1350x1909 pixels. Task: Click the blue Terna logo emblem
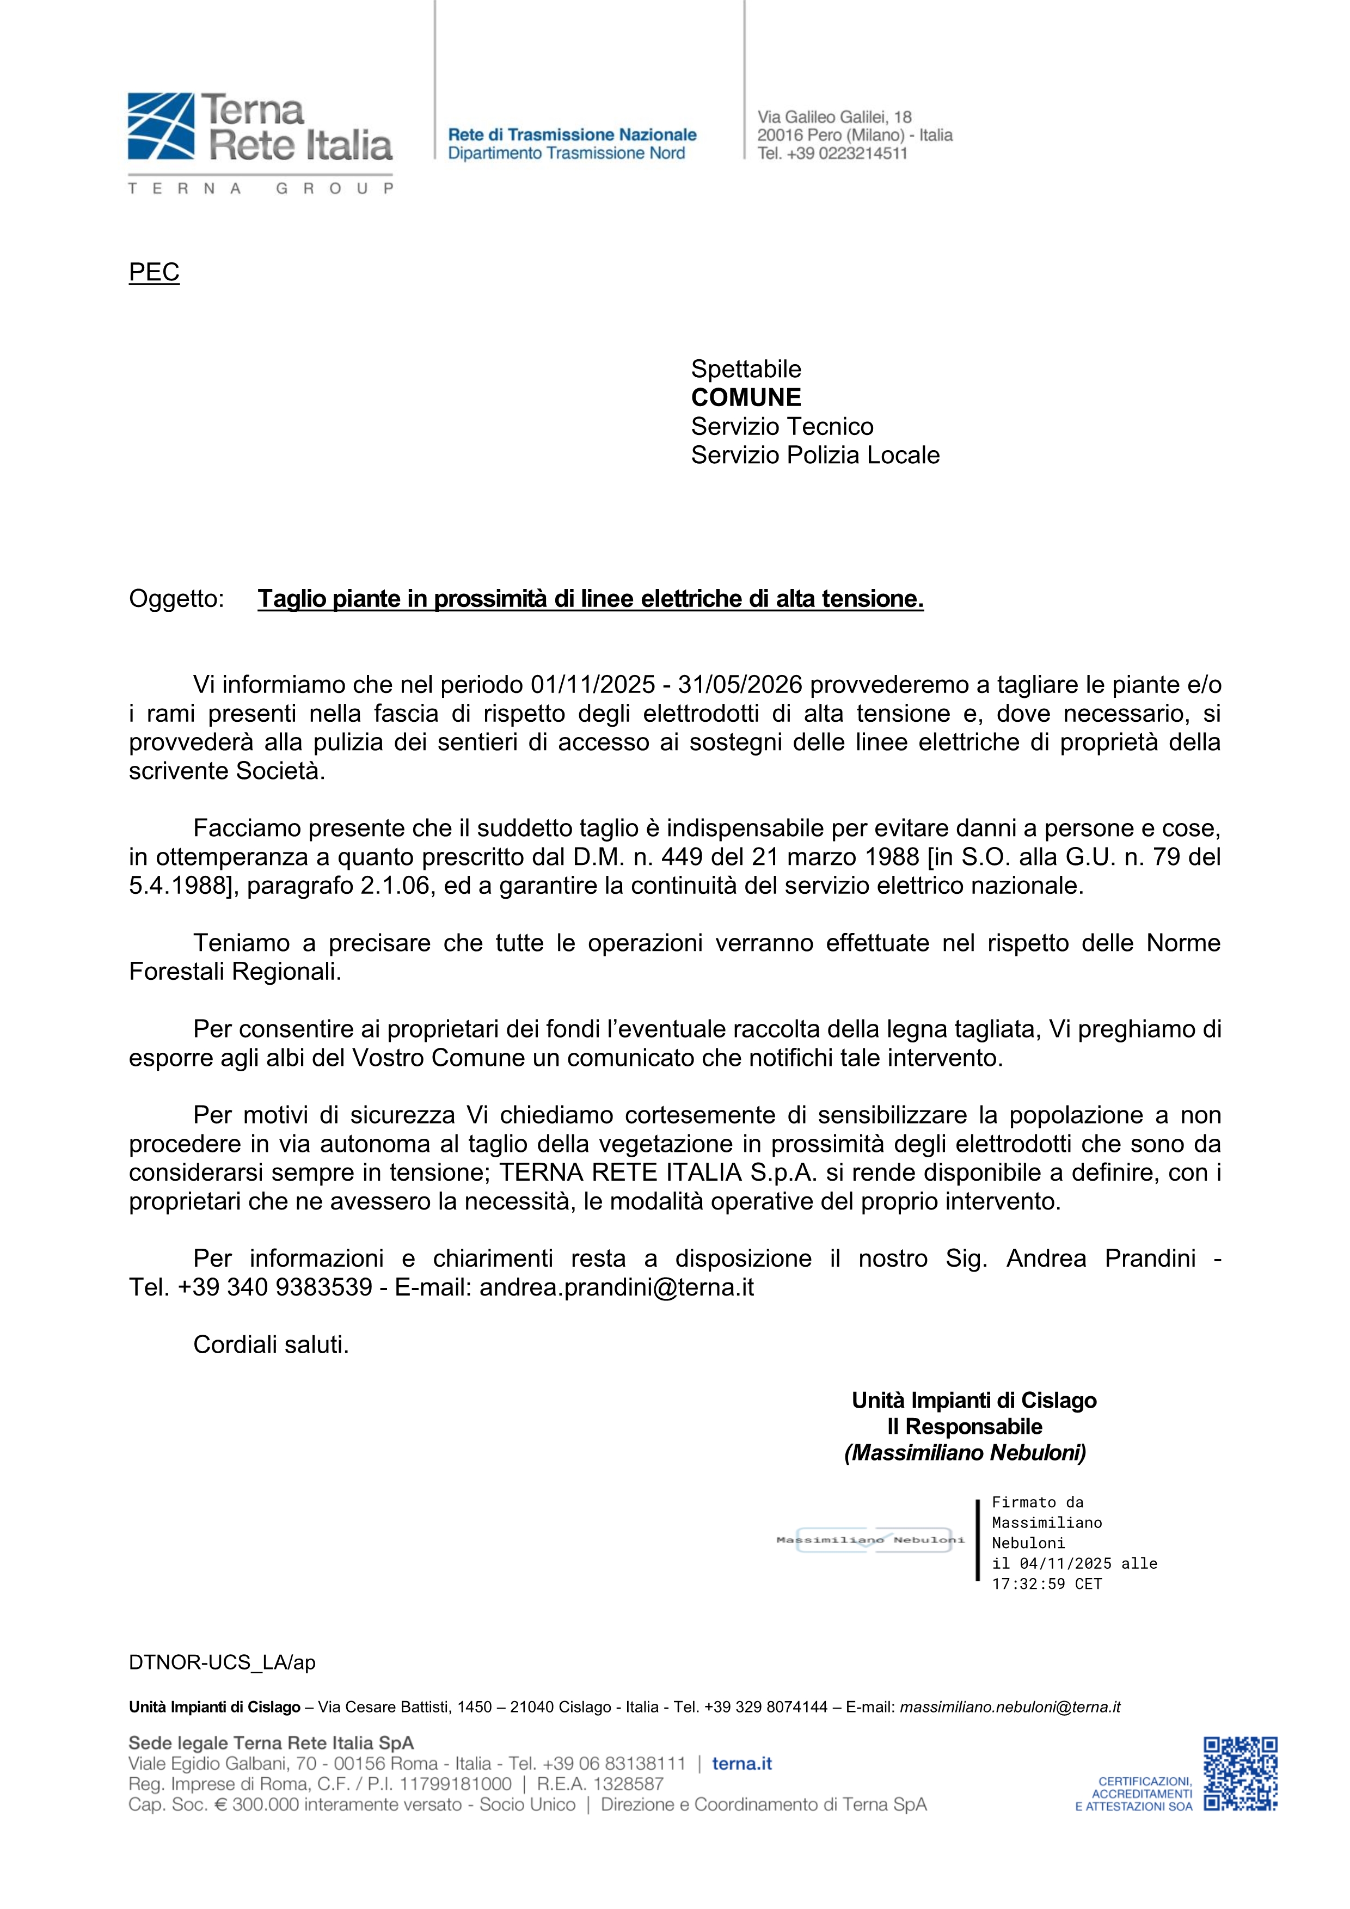(161, 126)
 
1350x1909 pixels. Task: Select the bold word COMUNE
(746, 397)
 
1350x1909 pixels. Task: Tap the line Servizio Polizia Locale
(815, 455)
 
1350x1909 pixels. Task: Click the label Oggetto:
(176, 599)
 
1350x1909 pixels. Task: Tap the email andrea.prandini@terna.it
(616, 1287)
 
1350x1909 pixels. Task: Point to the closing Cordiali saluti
(271, 1345)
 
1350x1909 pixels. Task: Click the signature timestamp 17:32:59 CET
(1047, 1584)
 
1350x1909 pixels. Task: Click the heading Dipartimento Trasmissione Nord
(566, 153)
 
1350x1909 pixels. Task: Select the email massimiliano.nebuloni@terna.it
(1010, 1707)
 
